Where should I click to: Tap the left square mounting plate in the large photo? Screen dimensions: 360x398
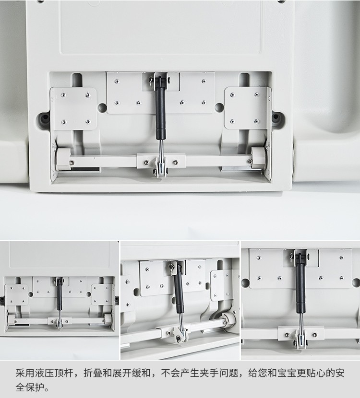pyautogui.click(x=73, y=109)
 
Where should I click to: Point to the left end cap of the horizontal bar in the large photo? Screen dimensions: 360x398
pyautogui.click(x=63, y=159)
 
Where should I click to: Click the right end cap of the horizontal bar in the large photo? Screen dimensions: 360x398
pyautogui.click(x=258, y=158)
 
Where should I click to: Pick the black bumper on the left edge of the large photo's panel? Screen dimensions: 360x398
pyautogui.click(x=45, y=117)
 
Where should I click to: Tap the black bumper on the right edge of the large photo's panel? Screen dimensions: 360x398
pyautogui.click(x=276, y=117)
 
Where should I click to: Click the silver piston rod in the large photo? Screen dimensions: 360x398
pyautogui.click(x=161, y=149)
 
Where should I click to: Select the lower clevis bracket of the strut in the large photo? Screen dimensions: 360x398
pyautogui.click(x=160, y=167)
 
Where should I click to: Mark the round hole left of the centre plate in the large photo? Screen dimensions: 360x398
pyautogui.click(x=102, y=107)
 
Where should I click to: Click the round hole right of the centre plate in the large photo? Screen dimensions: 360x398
pyautogui.click(x=219, y=107)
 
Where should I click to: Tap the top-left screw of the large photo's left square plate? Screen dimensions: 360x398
pyautogui.click(x=63, y=95)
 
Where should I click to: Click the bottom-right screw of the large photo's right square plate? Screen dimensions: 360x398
pyautogui.click(x=257, y=121)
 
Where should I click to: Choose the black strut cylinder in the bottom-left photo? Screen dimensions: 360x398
pyautogui.click(x=60, y=294)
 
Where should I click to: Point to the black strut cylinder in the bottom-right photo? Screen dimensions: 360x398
pyautogui.click(x=300, y=285)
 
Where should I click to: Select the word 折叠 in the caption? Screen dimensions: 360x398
pyautogui.click(x=93, y=373)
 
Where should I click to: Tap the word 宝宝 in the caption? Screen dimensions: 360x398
pyautogui.click(x=287, y=373)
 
